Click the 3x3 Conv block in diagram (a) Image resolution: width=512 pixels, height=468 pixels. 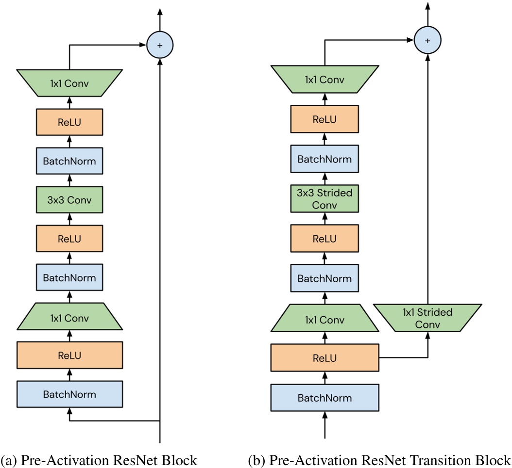coord(69,200)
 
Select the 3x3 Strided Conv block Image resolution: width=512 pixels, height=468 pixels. coord(324,198)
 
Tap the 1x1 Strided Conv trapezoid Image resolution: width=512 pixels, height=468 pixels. coord(427,318)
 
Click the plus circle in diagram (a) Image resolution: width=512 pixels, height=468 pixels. coord(160,45)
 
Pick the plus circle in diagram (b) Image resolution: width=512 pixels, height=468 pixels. coord(427,41)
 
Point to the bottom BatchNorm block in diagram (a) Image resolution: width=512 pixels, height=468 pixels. coord(69,394)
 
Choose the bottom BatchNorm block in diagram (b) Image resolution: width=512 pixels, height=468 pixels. coord(324,398)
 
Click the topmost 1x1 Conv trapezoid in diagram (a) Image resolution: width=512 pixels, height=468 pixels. coord(69,83)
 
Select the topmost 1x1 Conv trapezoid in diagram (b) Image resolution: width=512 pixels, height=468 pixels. coord(324,79)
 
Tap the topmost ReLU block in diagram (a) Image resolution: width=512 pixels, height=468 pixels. coord(69,121)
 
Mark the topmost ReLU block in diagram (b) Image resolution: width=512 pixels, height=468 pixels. coord(324,119)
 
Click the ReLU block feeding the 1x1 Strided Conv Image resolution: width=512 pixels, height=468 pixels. coord(324,358)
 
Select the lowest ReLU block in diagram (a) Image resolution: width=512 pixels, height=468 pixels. coord(69,355)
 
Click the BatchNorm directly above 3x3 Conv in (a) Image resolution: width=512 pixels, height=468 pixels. coord(69,161)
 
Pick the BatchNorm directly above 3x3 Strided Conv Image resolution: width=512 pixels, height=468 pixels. coord(324,159)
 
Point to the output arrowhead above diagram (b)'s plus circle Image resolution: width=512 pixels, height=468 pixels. coord(427,6)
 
